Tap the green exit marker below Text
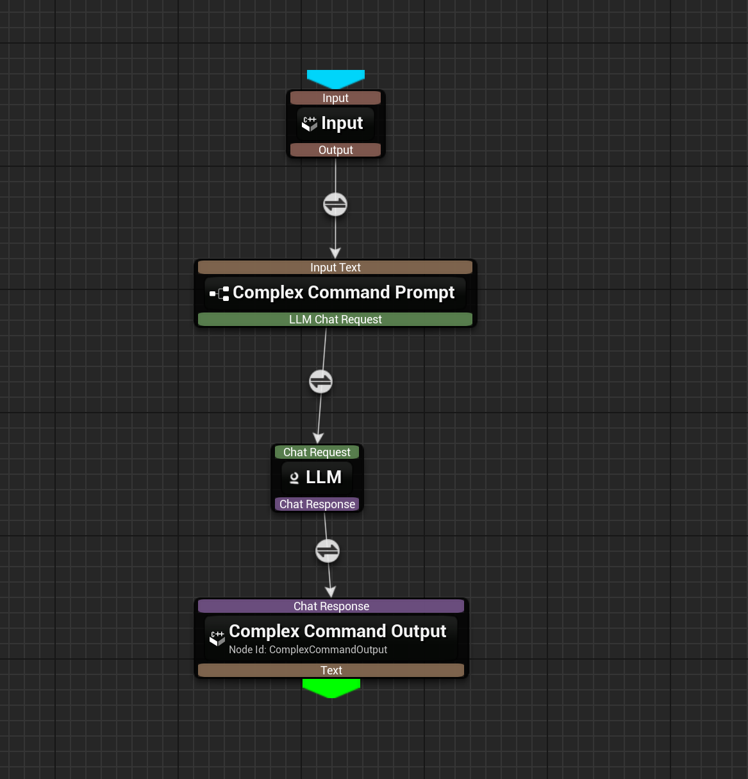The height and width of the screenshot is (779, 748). click(x=331, y=688)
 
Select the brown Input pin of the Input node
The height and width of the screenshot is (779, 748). click(x=335, y=98)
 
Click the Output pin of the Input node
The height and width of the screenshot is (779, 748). click(x=335, y=150)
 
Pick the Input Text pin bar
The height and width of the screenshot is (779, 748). click(x=335, y=268)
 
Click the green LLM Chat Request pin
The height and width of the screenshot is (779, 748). click(x=335, y=320)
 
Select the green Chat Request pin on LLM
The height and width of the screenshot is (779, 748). click(x=317, y=452)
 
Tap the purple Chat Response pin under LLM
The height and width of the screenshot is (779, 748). click(x=317, y=504)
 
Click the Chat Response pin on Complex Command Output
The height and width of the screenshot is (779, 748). click(x=331, y=606)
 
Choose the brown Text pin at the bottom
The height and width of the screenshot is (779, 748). click(x=331, y=671)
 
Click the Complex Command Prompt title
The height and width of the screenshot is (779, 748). click(x=344, y=293)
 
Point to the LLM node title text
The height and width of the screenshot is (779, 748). click(x=324, y=477)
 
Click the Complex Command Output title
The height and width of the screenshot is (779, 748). click(x=337, y=631)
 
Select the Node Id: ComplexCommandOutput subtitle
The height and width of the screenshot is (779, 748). click(x=308, y=650)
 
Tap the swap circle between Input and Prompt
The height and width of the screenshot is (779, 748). click(x=335, y=205)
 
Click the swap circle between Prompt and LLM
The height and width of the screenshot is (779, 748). click(x=320, y=382)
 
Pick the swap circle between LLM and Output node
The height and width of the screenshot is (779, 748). click(x=328, y=551)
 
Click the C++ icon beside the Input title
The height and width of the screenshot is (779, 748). click(x=310, y=123)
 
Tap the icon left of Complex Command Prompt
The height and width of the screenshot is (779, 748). click(x=219, y=294)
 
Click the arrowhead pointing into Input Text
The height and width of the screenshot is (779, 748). click(x=335, y=253)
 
